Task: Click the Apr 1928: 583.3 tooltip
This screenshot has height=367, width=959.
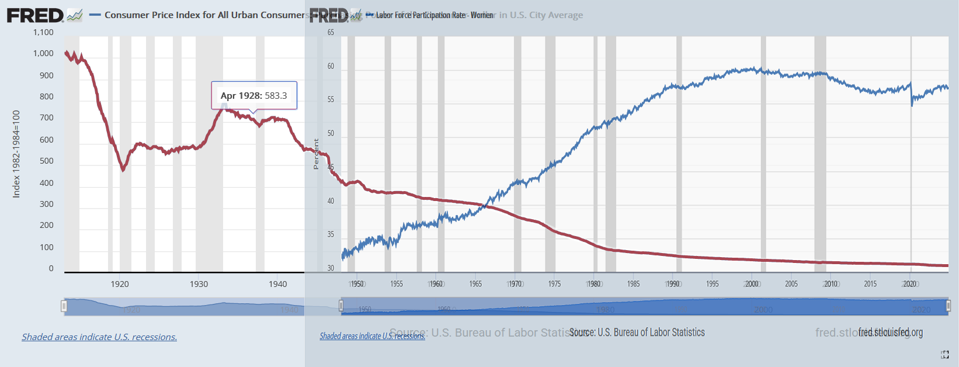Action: (254, 95)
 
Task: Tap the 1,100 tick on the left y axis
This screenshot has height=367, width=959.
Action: (43, 32)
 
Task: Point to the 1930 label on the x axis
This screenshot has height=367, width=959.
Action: (199, 284)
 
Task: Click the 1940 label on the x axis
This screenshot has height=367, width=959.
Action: (278, 284)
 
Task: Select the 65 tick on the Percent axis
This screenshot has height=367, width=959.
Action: (331, 32)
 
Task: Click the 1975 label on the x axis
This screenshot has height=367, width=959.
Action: (554, 284)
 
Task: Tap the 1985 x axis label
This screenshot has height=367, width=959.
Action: (633, 284)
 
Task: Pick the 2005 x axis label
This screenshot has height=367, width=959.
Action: (791, 284)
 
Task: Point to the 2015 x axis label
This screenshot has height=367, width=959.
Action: (870, 284)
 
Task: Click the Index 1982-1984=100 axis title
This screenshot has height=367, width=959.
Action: (16, 154)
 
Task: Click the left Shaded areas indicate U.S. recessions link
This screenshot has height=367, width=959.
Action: (99, 337)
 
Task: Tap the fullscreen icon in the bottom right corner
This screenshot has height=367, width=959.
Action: (945, 355)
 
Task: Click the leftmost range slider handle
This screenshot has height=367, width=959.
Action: (64, 306)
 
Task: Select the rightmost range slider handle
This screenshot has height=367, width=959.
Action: (948, 306)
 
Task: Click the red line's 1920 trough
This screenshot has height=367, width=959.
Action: (123, 170)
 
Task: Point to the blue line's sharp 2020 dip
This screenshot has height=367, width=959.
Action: (912, 105)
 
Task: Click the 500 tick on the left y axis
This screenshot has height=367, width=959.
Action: (47, 161)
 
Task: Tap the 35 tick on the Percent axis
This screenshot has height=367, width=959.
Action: (331, 234)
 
